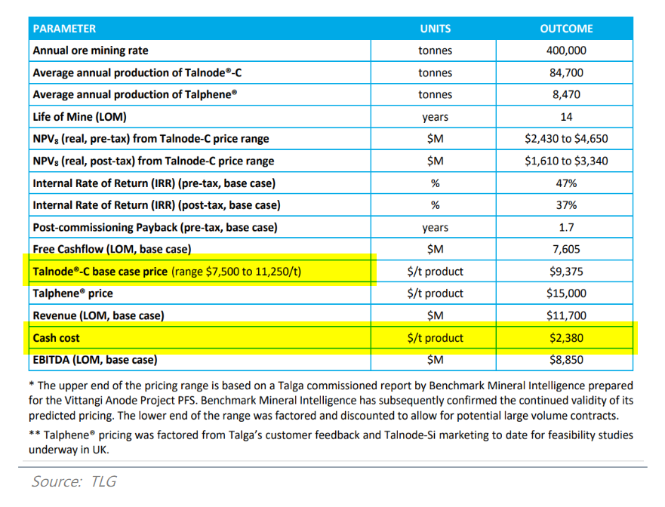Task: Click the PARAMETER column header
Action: (64, 29)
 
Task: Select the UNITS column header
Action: (435, 29)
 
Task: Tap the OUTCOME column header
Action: (566, 29)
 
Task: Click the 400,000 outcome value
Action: (566, 51)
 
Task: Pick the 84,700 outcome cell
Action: (566, 72)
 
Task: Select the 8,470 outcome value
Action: (566, 94)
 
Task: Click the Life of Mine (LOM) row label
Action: (79, 117)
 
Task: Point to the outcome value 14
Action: (566, 117)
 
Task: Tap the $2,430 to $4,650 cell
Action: (566, 139)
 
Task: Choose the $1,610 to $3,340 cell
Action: (566, 161)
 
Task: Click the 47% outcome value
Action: (566, 183)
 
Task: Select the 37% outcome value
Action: (566, 204)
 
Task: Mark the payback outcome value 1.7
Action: (566, 227)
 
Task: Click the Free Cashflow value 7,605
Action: (566, 249)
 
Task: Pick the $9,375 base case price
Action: (566, 272)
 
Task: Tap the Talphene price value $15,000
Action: (566, 293)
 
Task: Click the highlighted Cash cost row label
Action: (57, 338)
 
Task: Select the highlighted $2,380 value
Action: (566, 338)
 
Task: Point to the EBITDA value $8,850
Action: (566, 360)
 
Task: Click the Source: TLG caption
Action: (74, 481)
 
